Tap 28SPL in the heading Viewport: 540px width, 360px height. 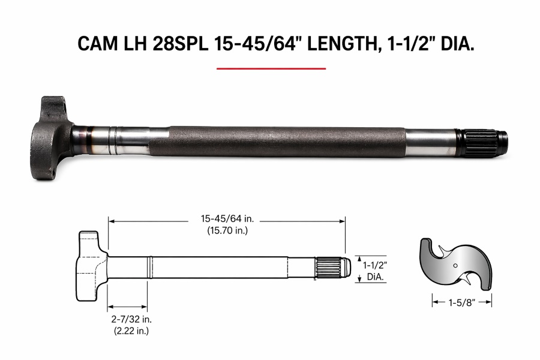point(180,44)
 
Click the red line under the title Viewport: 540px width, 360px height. point(271,68)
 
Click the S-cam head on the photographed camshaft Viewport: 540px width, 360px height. point(52,138)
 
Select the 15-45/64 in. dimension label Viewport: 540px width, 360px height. point(227,218)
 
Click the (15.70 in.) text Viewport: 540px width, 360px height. point(227,230)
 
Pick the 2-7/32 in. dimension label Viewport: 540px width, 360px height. point(131,319)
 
